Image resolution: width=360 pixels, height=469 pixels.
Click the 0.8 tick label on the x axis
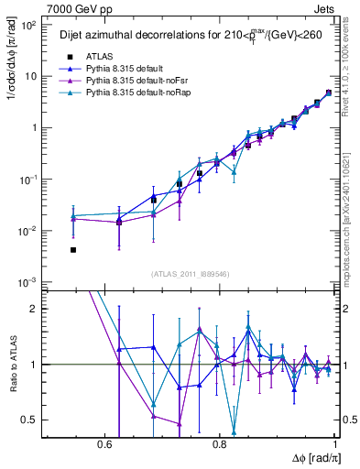click(220, 444)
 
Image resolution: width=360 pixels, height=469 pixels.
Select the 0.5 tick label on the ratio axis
click(30, 420)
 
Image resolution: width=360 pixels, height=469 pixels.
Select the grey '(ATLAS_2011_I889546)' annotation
click(190, 274)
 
